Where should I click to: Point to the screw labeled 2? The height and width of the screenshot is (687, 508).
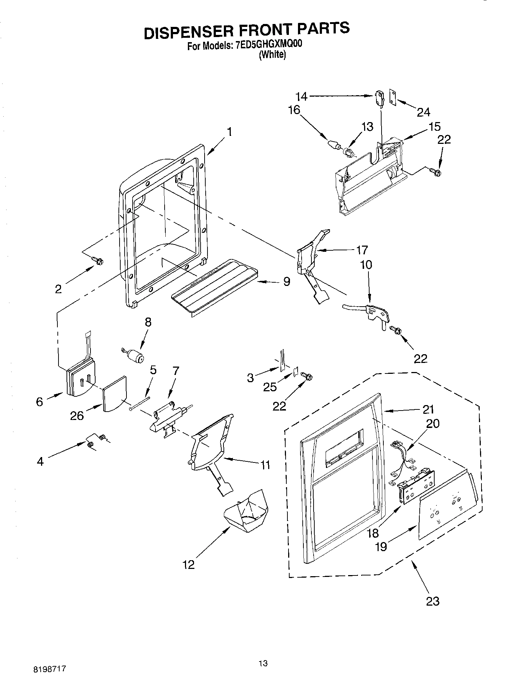(98, 260)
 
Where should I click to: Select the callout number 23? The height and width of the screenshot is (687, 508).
(432, 601)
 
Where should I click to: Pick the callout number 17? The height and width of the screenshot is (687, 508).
(362, 250)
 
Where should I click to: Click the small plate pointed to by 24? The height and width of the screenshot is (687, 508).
(392, 97)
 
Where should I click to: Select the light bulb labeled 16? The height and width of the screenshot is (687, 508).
(333, 144)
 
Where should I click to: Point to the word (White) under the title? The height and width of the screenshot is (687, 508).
(272, 55)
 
